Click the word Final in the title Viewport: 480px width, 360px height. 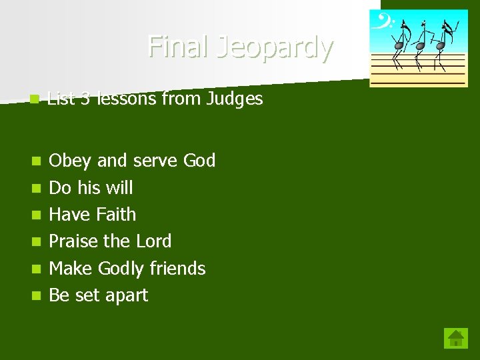point(171,47)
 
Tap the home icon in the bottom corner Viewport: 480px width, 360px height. point(456,338)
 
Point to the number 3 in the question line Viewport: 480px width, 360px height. point(85,99)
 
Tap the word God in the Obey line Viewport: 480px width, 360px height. point(199,161)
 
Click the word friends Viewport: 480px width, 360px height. point(177,268)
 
